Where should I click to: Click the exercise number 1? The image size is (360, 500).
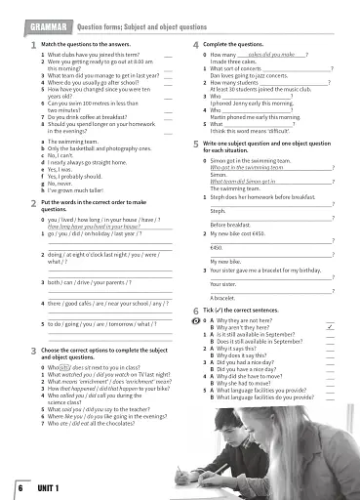(33, 47)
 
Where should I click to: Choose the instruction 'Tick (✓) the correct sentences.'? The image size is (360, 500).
(248, 310)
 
